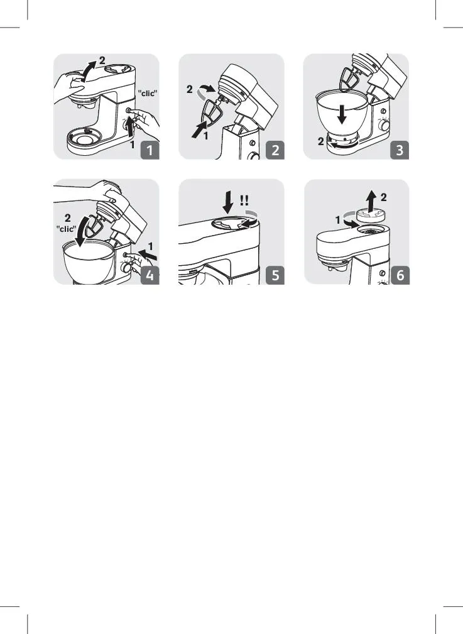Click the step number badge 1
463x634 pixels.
tap(150, 150)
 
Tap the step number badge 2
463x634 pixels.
tap(275, 150)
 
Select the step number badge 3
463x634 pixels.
tap(400, 150)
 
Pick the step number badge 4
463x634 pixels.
tap(150, 275)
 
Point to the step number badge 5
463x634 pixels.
tap(275, 275)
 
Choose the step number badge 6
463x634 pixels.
tap(400, 275)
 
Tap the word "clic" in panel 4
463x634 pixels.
tap(67, 229)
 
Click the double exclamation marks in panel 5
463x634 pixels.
tap(244, 200)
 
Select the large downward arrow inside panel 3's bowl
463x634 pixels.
tap(342, 114)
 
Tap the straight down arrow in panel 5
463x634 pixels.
tap(228, 204)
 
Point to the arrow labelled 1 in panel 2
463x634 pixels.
tap(200, 131)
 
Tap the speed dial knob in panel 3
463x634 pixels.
tap(383, 125)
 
